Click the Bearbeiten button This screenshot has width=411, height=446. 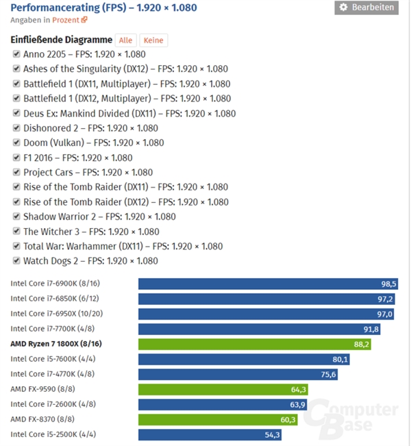point(366,8)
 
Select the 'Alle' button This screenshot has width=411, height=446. point(125,40)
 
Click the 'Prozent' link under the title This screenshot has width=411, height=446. point(64,19)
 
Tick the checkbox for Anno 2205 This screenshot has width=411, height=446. point(16,54)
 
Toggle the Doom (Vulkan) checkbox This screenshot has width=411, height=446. point(16,143)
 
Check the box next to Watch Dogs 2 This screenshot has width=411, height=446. point(16,260)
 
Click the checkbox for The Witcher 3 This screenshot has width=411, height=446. point(16,232)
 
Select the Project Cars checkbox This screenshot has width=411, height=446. point(16,172)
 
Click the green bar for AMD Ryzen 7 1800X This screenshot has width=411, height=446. point(254,344)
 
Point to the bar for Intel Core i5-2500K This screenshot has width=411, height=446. point(210,434)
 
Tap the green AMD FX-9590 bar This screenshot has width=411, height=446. point(223,389)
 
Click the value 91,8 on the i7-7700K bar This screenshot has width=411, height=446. point(371,329)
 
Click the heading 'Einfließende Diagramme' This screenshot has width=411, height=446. point(61,40)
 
